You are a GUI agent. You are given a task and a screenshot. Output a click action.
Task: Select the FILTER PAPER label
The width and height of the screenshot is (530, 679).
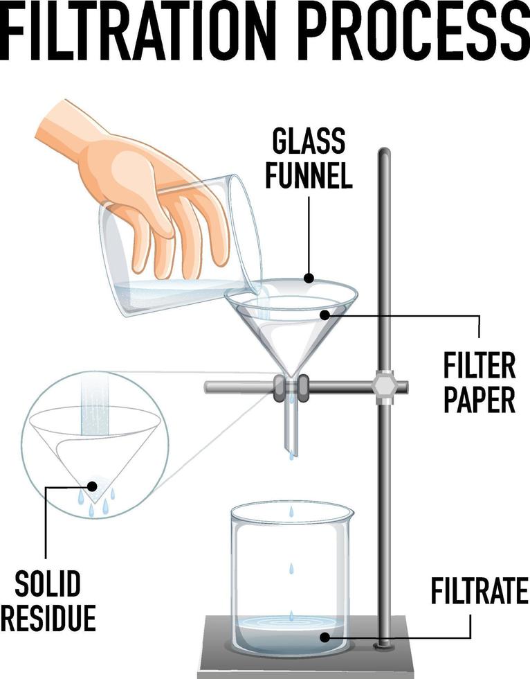pyautogui.click(x=479, y=382)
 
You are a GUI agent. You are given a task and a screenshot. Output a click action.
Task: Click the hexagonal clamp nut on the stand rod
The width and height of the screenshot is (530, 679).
pyautogui.click(x=383, y=387)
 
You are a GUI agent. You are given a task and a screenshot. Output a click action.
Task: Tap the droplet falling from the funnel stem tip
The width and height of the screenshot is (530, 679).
pyautogui.click(x=291, y=455)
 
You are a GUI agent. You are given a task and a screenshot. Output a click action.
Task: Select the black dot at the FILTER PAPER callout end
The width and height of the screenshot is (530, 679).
pyautogui.click(x=324, y=315)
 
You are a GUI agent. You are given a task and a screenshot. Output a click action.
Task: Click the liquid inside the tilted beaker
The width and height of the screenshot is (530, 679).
pyautogui.click(x=180, y=294)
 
